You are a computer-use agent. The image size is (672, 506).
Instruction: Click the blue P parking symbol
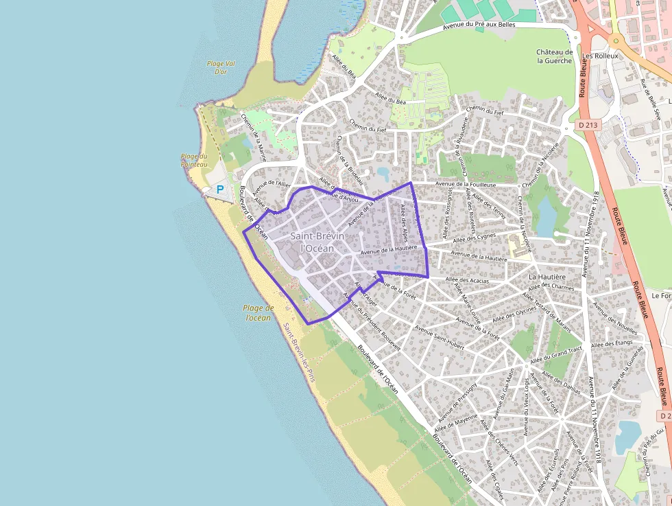click(220, 189)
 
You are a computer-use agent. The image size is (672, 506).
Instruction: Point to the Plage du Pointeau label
click(194, 160)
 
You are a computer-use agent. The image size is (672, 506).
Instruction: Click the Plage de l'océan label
click(259, 312)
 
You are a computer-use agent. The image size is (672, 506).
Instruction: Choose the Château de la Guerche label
click(554, 56)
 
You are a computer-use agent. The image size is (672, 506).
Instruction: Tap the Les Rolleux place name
click(599, 56)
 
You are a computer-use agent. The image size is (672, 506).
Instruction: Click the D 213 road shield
click(588, 125)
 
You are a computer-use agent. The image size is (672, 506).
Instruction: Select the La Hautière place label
click(547, 276)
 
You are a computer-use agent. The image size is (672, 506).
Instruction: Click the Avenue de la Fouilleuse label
click(466, 184)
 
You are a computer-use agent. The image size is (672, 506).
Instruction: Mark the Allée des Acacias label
click(467, 280)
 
